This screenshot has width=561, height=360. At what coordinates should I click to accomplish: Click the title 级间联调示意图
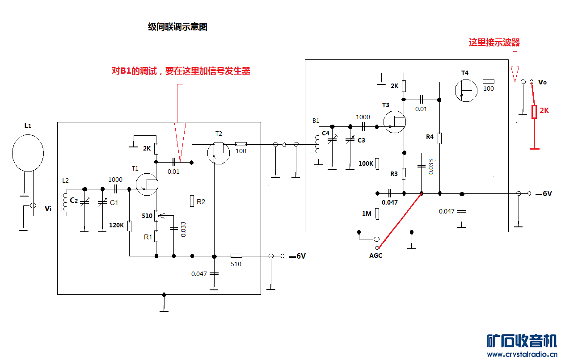(177, 27)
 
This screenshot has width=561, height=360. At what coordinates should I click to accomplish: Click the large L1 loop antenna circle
(27, 152)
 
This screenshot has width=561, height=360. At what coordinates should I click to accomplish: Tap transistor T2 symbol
(219, 153)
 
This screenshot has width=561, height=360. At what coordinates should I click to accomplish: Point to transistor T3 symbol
(395, 122)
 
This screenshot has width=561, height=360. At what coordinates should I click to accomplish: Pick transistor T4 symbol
(466, 90)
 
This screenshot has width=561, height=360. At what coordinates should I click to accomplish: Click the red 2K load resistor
(534, 111)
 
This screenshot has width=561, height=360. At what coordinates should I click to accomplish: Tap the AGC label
(375, 255)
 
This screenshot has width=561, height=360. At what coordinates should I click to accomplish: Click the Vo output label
(542, 82)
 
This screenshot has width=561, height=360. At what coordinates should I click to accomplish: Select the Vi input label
(48, 209)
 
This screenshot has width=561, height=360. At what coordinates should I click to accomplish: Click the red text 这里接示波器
(494, 42)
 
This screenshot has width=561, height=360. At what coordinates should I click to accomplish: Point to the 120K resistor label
(116, 225)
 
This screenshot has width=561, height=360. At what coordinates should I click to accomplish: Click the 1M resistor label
(367, 213)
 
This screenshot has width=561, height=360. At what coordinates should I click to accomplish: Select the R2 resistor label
(201, 201)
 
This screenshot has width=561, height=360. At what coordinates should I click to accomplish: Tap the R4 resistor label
(430, 137)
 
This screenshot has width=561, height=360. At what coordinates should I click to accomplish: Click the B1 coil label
(316, 121)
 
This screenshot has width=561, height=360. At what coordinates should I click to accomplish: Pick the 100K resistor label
(366, 163)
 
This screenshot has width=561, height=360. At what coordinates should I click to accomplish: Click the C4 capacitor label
(325, 133)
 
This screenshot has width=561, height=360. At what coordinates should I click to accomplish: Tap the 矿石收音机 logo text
(522, 341)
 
